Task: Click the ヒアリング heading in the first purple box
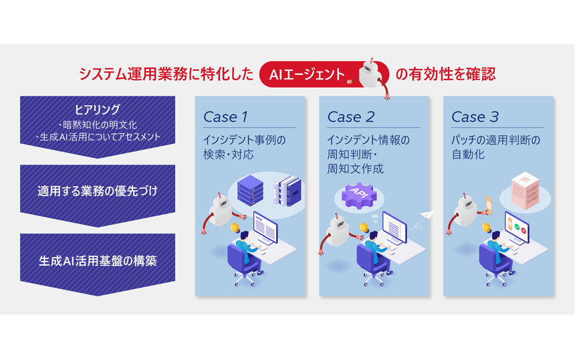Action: point(98,108)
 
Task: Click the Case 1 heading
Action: point(225,117)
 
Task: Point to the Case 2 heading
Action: point(350,117)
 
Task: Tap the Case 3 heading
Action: point(475,117)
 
